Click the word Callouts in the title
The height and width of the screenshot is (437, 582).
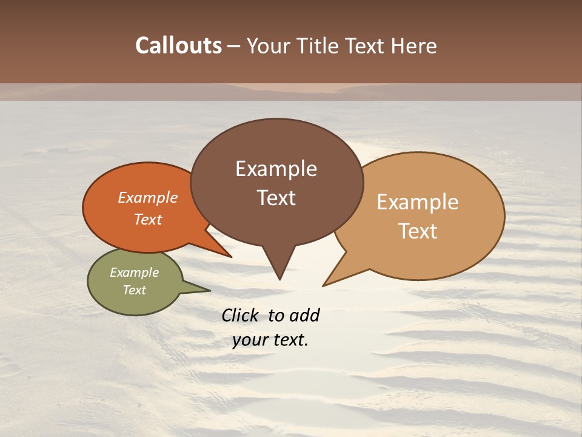point(178,46)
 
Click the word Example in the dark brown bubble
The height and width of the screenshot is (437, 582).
point(276,169)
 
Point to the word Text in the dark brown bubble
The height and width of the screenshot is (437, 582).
point(276,198)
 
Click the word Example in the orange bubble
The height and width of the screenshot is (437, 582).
point(148,197)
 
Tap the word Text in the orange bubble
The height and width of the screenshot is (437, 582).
point(148,219)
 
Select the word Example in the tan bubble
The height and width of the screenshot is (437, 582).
point(418,202)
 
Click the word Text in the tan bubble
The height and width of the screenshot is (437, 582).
point(418,231)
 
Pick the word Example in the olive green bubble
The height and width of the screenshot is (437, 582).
point(135,273)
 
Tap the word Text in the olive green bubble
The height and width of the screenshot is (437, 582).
point(135,290)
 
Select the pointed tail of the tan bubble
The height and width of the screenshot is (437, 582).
point(327,282)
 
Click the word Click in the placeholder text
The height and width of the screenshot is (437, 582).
point(240,315)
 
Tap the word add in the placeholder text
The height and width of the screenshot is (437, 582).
point(304,315)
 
